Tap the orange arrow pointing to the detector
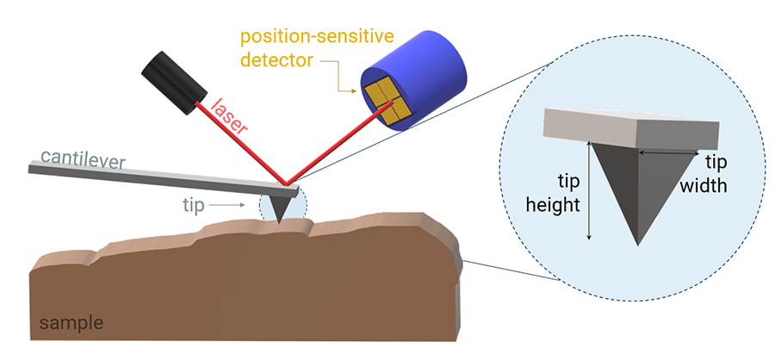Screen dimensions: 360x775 tap(348, 82)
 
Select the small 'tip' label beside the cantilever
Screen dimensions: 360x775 tap(193, 204)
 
